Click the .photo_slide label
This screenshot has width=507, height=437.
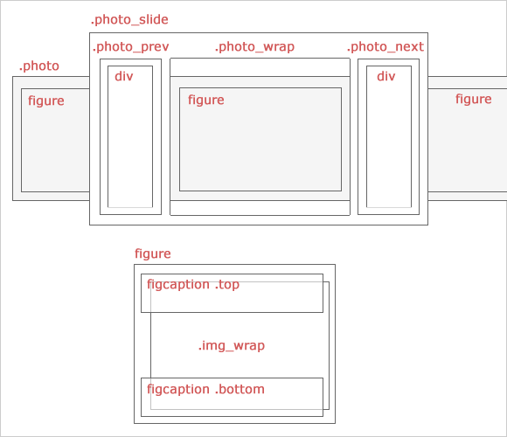129,20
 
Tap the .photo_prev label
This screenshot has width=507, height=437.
130,47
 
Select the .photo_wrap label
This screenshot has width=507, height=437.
254,47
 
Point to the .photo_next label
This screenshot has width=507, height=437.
385,47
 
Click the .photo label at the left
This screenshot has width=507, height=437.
39,66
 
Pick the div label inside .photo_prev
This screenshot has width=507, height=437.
124,76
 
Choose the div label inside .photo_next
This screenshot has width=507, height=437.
386,76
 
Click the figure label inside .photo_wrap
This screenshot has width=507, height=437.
206,101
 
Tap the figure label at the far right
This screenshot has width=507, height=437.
474,100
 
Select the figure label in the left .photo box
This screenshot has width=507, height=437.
46,101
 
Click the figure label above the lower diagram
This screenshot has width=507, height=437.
153,254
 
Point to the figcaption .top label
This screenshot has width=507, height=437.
193,284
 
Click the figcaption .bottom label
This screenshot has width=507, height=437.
205,389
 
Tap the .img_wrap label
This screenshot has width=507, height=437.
232,345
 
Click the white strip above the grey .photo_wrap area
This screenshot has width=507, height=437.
260,67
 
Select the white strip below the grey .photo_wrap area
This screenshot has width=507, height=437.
260,208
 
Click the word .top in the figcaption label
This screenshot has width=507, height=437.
227,284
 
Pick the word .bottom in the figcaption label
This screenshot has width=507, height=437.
240,389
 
